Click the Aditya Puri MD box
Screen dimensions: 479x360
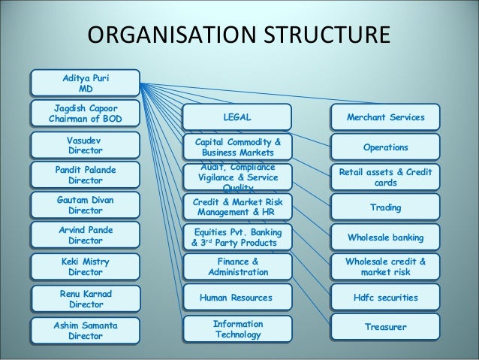(86, 83)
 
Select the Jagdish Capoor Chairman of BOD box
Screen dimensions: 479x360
(84, 113)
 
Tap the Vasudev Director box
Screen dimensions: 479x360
(86, 145)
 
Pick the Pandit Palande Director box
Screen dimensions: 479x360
(86, 176)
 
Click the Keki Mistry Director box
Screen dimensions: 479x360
(86, 266)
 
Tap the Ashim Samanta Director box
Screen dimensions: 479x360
(86, 330)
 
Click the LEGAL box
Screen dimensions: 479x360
(237, 117)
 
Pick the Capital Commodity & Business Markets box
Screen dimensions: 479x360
(237, 147)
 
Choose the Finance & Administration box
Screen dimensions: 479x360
(237, 266)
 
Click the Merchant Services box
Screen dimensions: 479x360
(386, 117)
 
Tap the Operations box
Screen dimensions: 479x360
(386, 147)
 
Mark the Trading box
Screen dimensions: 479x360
(386, 207)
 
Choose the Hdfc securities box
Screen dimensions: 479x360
(386, 298)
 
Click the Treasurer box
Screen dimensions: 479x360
(386, 328)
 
